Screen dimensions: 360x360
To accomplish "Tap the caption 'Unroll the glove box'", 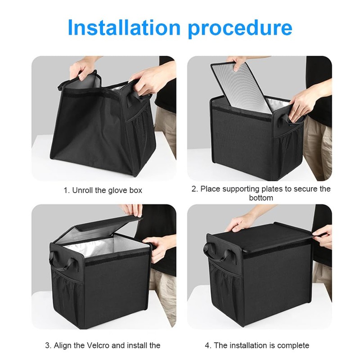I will point(107,190).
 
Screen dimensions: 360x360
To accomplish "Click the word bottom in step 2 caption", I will point(261,198).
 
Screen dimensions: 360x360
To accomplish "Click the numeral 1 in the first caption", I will point(65,190).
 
